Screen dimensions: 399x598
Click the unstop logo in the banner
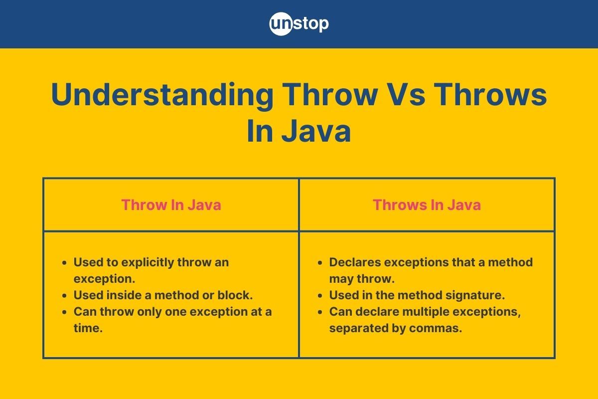tap(299, 23)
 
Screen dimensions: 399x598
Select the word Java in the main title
tap(315, 132)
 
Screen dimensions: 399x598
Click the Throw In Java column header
tap(171, 205)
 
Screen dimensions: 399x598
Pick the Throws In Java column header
tap(427, 205)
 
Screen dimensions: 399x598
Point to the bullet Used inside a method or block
tap(163, 295)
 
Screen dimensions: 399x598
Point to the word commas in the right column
tap(442, 329)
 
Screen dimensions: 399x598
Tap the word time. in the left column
tap(88, 329)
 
